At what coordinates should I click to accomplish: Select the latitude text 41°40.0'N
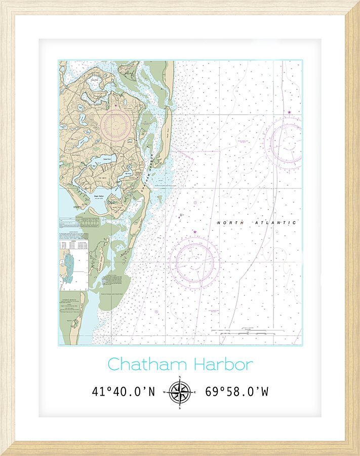124,392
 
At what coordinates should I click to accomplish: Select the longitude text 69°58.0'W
236,392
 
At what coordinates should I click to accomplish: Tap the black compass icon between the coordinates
180,392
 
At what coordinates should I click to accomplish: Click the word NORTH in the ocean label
228,223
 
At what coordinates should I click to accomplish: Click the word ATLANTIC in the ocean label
275,223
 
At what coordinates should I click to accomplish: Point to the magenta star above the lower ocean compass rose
194,233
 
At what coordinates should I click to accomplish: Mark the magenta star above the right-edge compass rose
289,112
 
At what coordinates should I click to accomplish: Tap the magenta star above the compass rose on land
115,105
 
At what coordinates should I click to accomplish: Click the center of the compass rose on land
115,125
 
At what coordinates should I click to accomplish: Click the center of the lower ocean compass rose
194,262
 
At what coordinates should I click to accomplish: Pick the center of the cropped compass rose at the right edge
289,142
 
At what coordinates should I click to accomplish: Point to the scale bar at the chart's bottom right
248,330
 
